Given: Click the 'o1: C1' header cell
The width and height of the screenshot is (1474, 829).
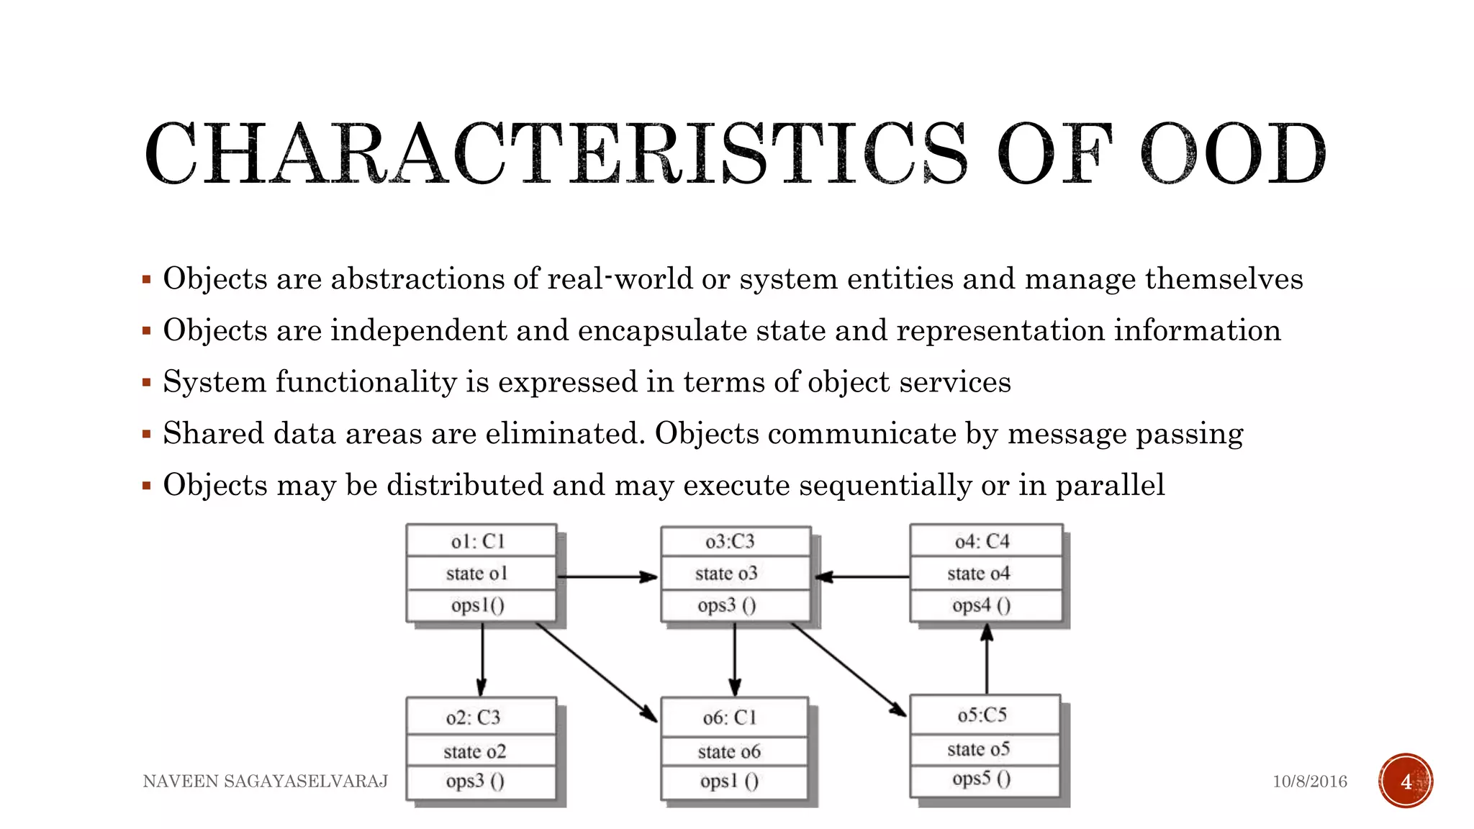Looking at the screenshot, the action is tap(480, 541).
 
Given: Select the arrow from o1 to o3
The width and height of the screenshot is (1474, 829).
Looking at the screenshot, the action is tap(607, 576).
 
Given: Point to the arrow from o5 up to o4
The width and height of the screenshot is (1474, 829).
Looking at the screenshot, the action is tap(987, 659).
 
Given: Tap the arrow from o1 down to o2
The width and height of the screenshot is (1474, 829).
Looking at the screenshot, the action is tap(481, 659).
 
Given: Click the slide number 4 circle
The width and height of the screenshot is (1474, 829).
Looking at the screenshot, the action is tap(1406, 782).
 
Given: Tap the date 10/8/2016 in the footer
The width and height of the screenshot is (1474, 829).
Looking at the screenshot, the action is tap(1309, 782).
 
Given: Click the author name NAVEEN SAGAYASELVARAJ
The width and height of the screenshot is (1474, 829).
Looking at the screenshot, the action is tap(266, 782).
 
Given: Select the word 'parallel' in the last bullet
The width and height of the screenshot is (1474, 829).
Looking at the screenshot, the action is tap(1110, 485).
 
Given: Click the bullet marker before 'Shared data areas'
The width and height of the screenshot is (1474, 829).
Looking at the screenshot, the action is tap(147, 434).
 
